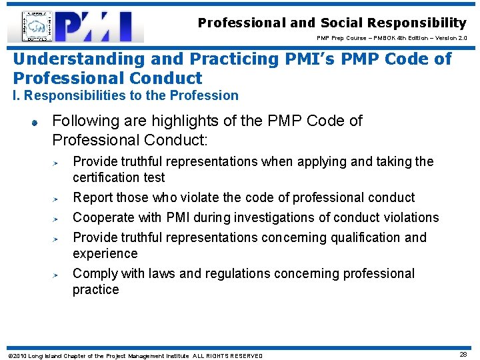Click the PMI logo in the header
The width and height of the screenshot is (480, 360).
(75, 27)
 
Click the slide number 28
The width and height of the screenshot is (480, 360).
(463, 355)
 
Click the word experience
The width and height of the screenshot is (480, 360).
(105, 253)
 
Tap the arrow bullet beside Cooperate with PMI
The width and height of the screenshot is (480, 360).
(57, 218)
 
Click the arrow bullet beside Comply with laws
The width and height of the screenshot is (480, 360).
(57, 274)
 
